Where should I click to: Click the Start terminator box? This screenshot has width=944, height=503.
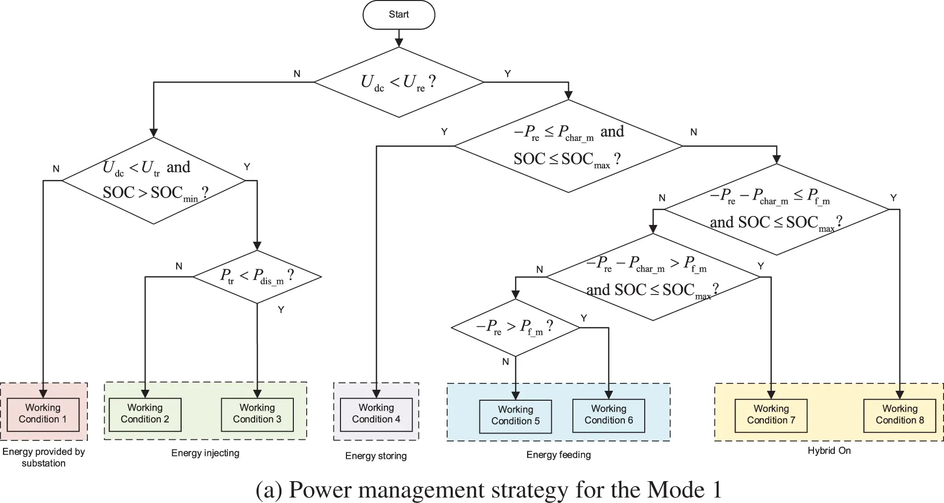click(x=399, y=15)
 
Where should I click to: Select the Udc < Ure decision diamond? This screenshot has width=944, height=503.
click(x=399, y=82)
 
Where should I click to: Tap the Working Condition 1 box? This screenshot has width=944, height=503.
click(x=43, y=414)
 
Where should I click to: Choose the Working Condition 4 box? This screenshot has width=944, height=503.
click(x=376, y=414)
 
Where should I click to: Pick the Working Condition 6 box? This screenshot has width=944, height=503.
click(x=608, y=415)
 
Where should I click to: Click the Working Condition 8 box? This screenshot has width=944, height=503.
click(x=899, y=415)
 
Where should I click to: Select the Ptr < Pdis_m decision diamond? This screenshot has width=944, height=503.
click(x=257, y=276)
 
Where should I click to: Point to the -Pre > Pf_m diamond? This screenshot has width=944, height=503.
click(x=515, y=327)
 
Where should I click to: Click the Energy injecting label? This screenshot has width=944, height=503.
click(x=205, y=453)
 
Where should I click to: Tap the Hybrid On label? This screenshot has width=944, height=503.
click(x=829, y=450)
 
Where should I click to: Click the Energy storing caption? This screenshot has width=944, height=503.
click(x=376, y=456)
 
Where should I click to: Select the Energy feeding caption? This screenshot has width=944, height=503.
click(x=558, y=455)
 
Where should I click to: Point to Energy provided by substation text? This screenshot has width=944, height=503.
click(x=43, y=457)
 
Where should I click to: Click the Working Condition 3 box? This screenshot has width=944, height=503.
click(x=257, y=414)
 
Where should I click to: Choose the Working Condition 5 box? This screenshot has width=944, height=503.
click(x=515, y=416)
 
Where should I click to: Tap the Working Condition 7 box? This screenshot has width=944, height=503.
click(x=771, y=415)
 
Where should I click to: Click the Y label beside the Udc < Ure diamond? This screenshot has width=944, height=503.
click(x=507, y=73)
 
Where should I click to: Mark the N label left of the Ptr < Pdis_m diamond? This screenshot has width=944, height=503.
click(x=179, y=266)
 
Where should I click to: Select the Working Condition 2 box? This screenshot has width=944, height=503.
click(x=145, y=414)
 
